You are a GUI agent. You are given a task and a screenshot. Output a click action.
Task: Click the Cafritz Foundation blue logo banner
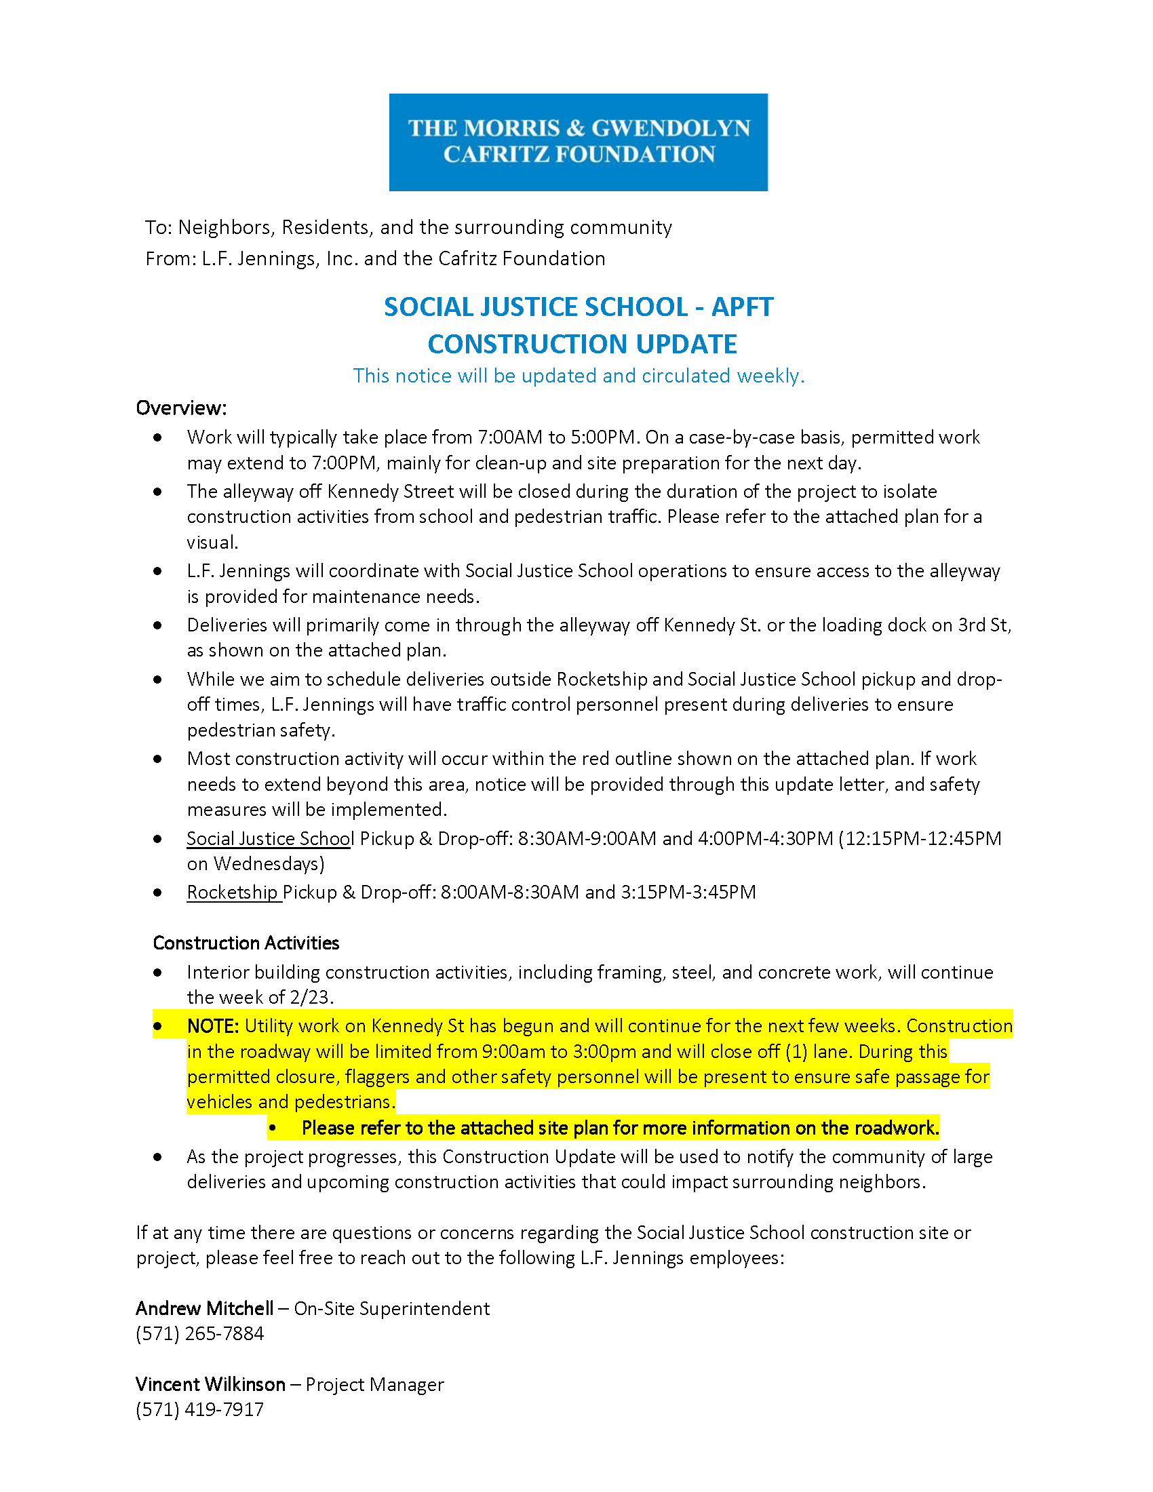click(x=578, y=142)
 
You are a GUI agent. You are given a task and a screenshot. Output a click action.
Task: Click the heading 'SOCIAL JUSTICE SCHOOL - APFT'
click(x=578, y=307)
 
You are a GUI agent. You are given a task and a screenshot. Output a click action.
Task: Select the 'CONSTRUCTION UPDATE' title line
click(x=582, y=345)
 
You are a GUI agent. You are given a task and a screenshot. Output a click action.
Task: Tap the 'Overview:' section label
click(x=181, y=408)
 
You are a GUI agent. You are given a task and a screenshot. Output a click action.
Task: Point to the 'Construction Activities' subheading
click(x=246, y=943)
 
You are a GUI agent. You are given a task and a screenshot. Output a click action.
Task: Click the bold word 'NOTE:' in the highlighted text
click(x=212, y=1026)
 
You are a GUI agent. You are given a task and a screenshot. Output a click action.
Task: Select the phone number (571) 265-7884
click(x=199, y=1333)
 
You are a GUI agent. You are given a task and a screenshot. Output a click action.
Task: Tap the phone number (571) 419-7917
click(x=199, y=1409)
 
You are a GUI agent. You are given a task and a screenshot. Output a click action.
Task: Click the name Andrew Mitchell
click(x=204, y=1308)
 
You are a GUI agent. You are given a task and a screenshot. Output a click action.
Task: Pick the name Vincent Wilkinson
click(x=210, y=1384)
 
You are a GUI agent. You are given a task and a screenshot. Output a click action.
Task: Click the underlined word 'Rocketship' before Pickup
click(x=232, y=892)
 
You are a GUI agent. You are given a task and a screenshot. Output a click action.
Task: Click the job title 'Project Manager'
click(x=374, y=1384)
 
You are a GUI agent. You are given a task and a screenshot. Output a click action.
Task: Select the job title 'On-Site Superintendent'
click(x=391, y=1308)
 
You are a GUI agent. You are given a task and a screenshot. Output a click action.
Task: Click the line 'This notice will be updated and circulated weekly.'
click(x=579, y=376)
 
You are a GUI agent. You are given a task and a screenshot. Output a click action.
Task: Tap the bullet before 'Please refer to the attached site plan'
click(x=273, y=1128)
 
